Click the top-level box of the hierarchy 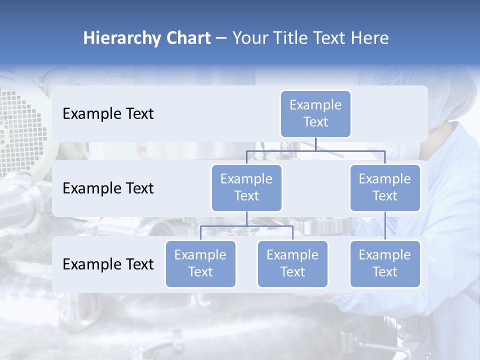(x=315, y=113)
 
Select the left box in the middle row (x=246, y=187)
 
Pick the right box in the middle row (x=385, y=187)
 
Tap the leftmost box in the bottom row (x=200, y=263)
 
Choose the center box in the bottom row (x=292, y=263)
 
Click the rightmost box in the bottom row (x=385, y=263)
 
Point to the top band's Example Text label (x=108, y=114)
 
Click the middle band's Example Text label (x=108, y=188)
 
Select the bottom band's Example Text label (x=108, y=264)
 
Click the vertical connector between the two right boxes (x=385, y=225)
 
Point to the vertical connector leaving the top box (x=315, y=144)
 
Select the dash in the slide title (x=221, y=39)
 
